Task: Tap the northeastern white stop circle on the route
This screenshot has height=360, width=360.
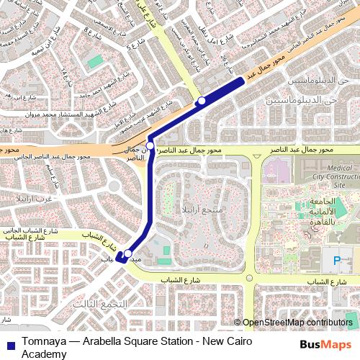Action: pos(202,100)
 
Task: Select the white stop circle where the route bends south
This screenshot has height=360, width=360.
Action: pos(150,141)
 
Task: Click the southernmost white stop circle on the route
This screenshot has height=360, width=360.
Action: pos(127,253)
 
